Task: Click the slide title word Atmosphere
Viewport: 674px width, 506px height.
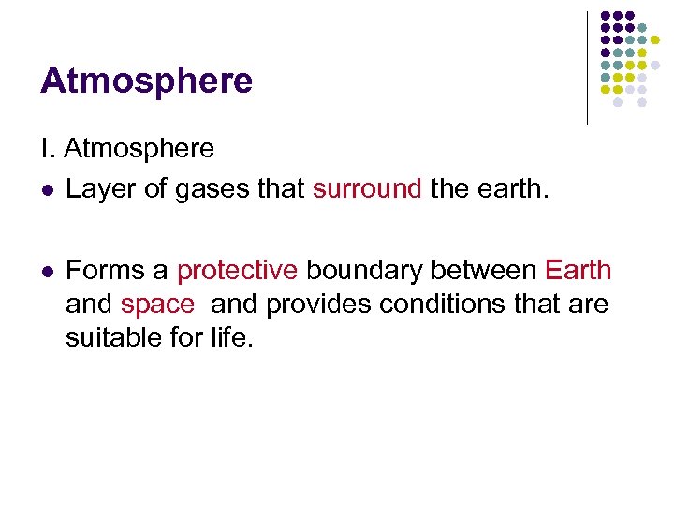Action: [x=146, y=81]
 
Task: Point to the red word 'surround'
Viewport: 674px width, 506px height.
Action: [x=367, y=188]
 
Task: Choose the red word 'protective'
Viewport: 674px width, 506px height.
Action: [x=237, y=271]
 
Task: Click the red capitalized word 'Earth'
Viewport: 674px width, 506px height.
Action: [x=578, y=271]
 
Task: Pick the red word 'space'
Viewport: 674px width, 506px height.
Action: [x=157, y=304]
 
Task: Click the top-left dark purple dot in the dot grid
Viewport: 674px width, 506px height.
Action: [x=606, y=16]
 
